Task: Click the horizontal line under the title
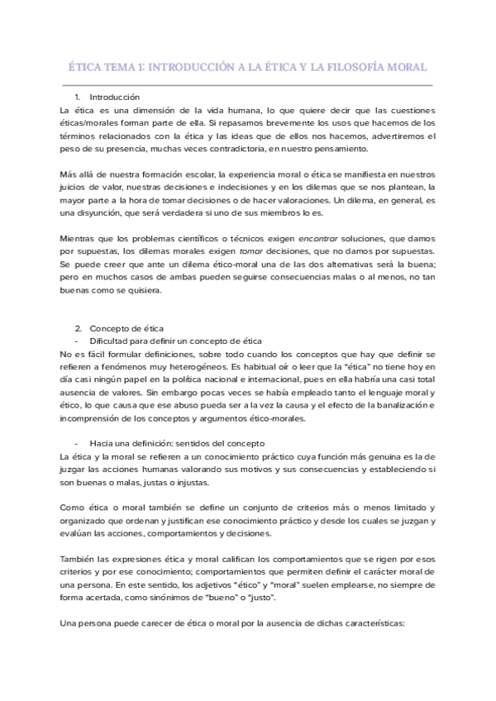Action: tap(247, 84)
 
